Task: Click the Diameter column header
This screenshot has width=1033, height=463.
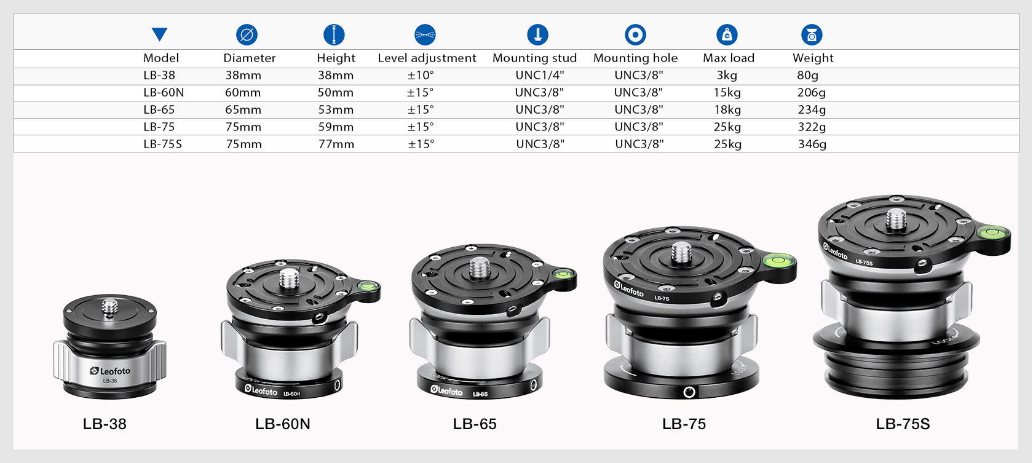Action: tap(249, 58)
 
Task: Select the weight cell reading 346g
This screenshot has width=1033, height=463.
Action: tap(812, 144)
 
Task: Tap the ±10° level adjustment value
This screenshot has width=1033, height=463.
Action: tap(421, 76)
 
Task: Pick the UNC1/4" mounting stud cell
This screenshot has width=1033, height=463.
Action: tap(539, 76)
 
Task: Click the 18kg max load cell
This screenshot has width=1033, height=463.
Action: tap(727, 110)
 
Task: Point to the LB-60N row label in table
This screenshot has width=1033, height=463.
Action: tap(164, 93)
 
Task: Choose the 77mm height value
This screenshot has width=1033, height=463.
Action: tap(336, 144)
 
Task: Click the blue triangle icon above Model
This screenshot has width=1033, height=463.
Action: tap(160, 34)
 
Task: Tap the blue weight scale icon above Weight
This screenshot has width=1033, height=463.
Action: tap(812, 35)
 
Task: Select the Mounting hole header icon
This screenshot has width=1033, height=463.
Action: tap(635, 35)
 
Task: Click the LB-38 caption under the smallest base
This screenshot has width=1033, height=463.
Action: tap(105, 424)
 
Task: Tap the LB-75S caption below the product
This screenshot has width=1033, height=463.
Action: tap(903, 424)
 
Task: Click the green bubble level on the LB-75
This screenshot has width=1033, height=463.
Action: tap(777, 261)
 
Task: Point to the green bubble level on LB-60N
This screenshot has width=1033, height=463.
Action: tap(367, 285)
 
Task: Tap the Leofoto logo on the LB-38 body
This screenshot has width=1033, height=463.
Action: tap(111, 371)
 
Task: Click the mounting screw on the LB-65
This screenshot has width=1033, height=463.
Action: tap(480, 267)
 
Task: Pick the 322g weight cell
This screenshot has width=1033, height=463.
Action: tap(812, 127)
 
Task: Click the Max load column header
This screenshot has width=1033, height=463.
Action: tap(728, 58)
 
